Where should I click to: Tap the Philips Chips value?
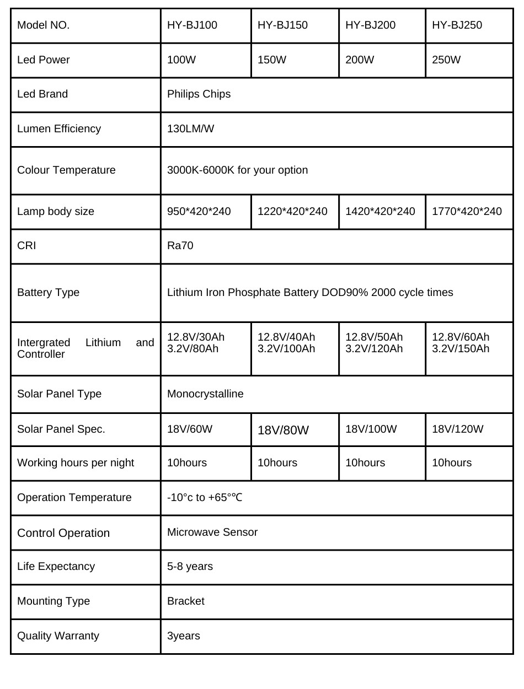(199, 94)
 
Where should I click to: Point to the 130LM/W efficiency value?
(190, 128)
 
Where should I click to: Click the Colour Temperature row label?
(66, 170)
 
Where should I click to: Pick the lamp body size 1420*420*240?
(380, 211)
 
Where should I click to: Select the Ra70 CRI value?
(180, 245)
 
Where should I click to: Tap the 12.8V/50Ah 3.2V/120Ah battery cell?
(374, 342)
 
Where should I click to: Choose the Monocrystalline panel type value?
(205, 394)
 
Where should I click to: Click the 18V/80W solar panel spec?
(283, 430)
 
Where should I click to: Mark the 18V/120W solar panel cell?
(457, 429)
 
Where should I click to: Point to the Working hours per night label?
(76, 462)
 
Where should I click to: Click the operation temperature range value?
(205, 497)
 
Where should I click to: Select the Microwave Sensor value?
(212, 532)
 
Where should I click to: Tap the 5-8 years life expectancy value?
(190, 566)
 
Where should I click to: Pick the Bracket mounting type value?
(185, 601)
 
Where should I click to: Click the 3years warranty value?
(183, 636)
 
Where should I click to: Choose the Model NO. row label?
(43, 25)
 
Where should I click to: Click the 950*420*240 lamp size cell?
(199, 211)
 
